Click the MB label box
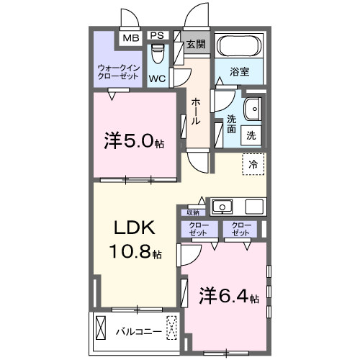pyautogui.click(x=130, y=37)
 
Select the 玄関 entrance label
pyautogui.click(x=196, y=45)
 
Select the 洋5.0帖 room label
pyautogui.click(x=134, y=141)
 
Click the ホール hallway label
pyautogui.click(x=196, y=112)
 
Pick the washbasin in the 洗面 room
pyautogui.click(x=253, y=109)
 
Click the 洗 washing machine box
pyautogui.click(x=251, y=135)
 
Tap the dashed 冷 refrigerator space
pyautogui.click(x=253, y=165)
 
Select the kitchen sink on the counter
pyautogui.click(x=223, y=207)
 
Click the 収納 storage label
pyautogui.click(x=193, y=212)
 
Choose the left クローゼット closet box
pyautogui.click(x=198, y=230)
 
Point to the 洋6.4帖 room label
pyautogui.click(x=228, y=296)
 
